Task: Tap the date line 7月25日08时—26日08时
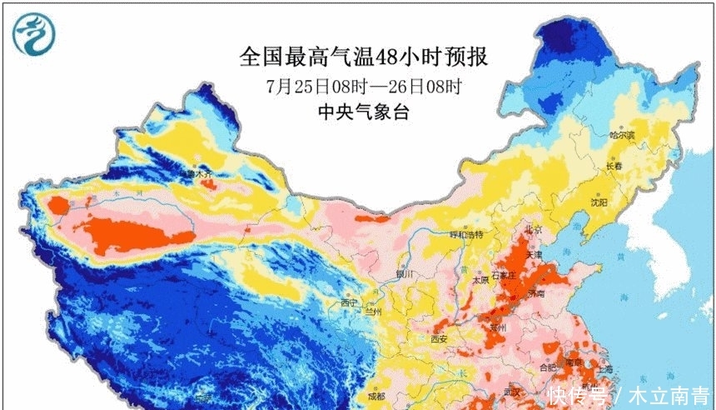click(364, 86)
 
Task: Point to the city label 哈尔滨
click(621, 135)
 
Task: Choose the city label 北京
click(532, 229)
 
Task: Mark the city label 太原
click(480, 281)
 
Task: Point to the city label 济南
click(535, 294)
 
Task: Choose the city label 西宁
click(348, 302)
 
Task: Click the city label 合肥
click(547, 367)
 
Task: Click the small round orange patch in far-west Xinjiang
click(58, 204)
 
